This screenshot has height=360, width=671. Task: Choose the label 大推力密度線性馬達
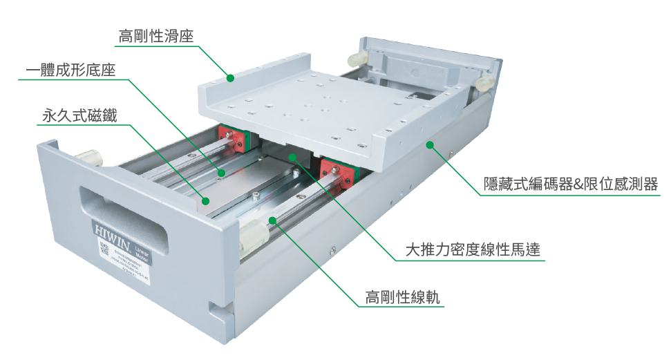click(475, 250)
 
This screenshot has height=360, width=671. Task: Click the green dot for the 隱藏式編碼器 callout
click(429, 144)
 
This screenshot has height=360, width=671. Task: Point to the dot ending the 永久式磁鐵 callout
click(205, 200)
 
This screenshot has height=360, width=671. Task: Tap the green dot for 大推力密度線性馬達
click(293, 157)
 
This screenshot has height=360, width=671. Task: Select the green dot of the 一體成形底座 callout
click(222, 173)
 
